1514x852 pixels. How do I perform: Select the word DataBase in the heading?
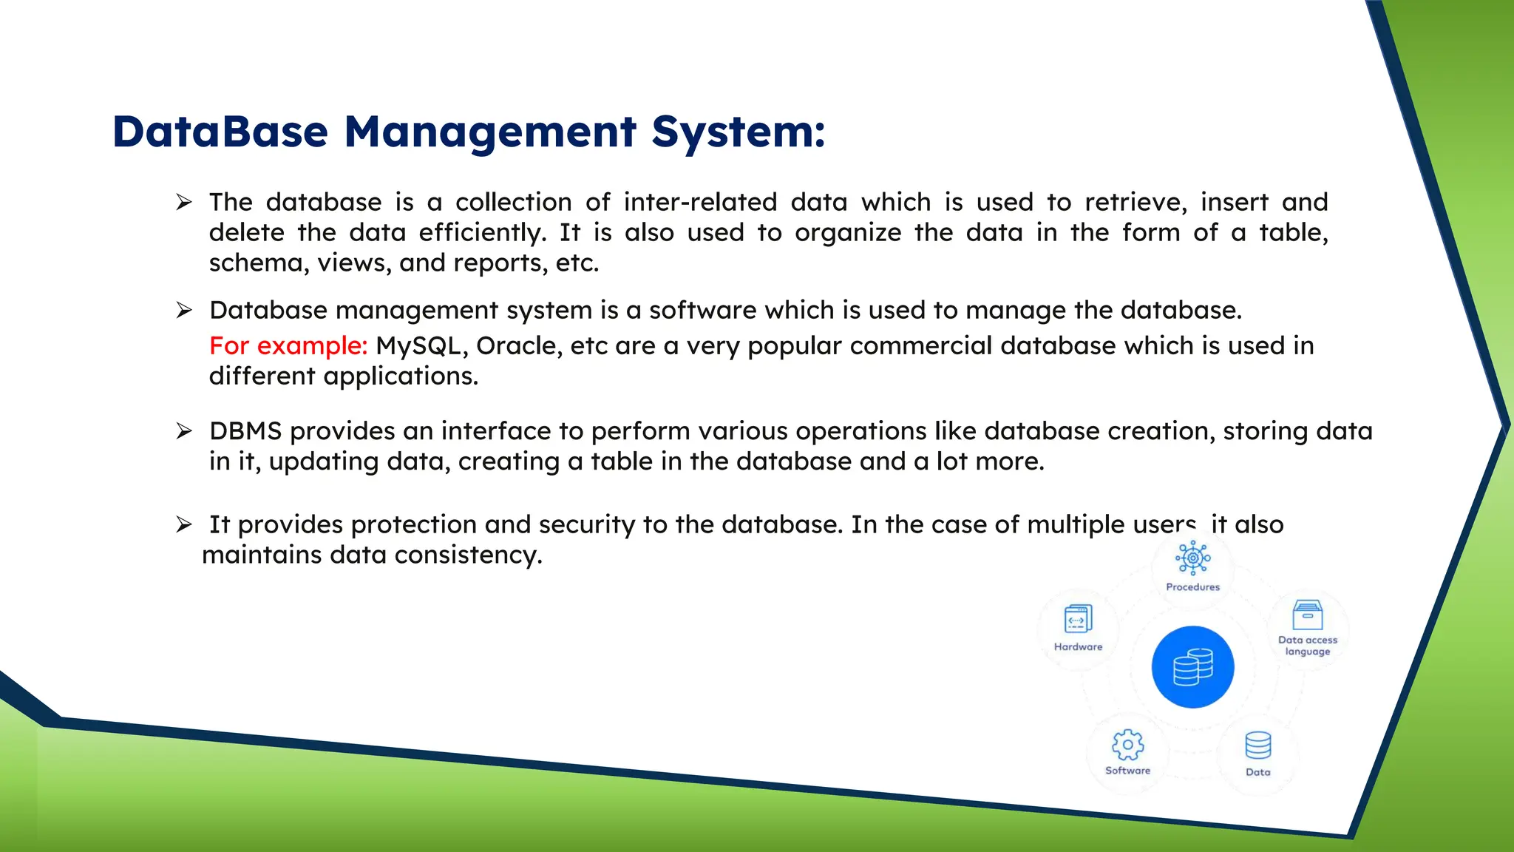220,132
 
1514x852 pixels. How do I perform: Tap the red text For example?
288,345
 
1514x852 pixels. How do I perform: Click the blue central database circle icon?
1192,667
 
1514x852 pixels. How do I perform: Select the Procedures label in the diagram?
1192,587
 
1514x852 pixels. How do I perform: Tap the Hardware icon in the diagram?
1078,619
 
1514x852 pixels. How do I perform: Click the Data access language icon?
1307,615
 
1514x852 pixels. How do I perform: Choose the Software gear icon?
1127,745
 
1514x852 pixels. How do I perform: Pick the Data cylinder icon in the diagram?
1257,745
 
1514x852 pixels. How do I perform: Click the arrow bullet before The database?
184,202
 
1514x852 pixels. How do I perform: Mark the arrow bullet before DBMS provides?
184,431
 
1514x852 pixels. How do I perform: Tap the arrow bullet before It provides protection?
184,525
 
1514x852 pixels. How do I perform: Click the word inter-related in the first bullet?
700,202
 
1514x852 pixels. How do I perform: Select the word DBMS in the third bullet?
245,431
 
